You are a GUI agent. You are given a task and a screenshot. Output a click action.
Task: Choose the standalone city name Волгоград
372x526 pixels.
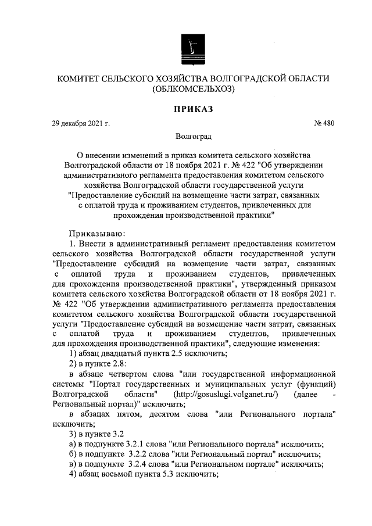(x=194, y=137)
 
